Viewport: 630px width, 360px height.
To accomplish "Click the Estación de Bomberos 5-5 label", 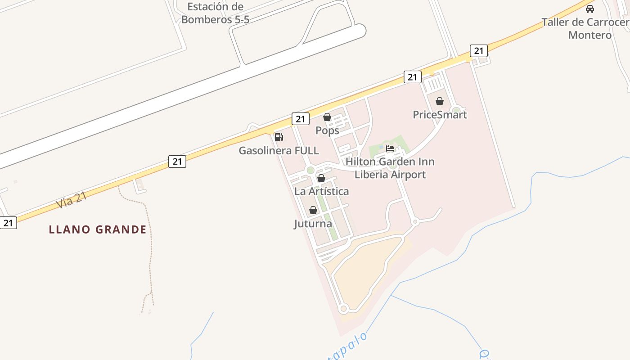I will pos(215,13).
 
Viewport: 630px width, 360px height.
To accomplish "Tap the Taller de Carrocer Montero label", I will pos(585,28).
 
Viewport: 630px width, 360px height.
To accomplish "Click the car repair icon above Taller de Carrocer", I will pos(589,9).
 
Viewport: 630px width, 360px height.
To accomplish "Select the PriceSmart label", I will pos(440,115).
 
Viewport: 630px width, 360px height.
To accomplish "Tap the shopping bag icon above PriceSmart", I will pos(440,101).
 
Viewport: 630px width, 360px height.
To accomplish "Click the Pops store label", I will pos(327,130).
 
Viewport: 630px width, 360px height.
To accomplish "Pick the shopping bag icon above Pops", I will pos(327,117).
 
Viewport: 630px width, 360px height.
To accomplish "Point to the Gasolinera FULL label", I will pos(279,151).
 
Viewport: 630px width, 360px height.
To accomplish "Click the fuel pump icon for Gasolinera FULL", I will pos(279,137).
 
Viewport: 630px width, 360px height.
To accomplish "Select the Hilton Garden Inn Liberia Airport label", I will pos(390,168).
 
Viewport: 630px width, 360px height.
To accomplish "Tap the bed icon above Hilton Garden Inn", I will pos(390,148).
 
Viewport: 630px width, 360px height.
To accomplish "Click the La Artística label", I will pos(321,191).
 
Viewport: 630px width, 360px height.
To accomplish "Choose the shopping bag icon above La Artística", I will pos(321,178).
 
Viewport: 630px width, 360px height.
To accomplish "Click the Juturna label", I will pos(313,224).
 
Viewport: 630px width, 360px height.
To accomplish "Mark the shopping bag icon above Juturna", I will pos(313,210).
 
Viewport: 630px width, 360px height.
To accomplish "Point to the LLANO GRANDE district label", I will pos(98,229).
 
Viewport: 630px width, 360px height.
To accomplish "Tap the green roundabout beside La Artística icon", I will pos(310,170).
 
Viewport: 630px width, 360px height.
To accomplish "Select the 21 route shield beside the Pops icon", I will pos(300,119).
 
